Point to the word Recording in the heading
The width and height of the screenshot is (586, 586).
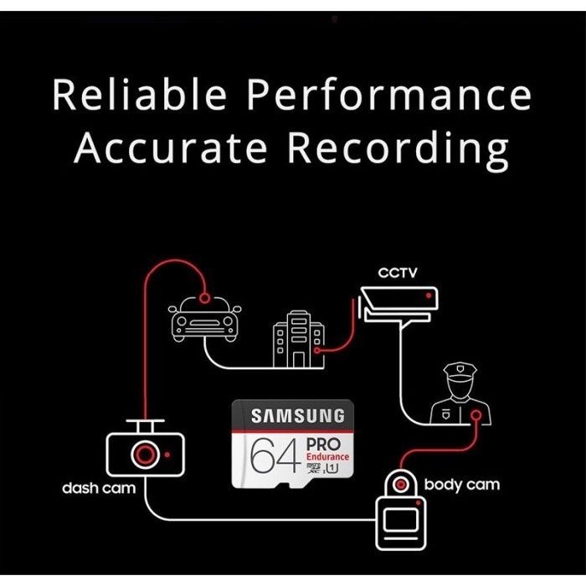coord(398,149)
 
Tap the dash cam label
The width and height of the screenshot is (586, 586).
coord(99,488)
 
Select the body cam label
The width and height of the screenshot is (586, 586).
coord(462,484)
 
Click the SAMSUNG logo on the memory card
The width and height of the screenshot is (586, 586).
coord(298,415)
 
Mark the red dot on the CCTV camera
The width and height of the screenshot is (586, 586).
coord(429,296)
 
